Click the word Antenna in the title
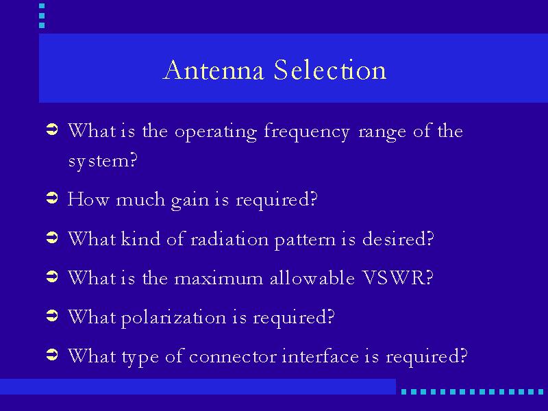pyautogui.click(x=214, y=70)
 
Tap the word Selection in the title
pyautogui.click(x=330, y=70)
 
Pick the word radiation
pyautogui.click(x=229, y=239)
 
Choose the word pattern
pyautogui.click(x=305, y=240)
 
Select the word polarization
pyautogui.click(x=173, y=319)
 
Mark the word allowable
pyautogui.click(x=312, y=278)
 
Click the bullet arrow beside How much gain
pyautogui.click(x=52, y=198)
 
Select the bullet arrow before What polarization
pyautogui.click(x=52, y=316)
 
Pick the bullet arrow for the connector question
pyautogui.click(x=52, y=355)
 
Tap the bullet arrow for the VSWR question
pyautogui.click(x=52, y=277)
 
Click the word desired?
pyautogui.click(x=398, y=238)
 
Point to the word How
pyautogui.click(x=88, y=199)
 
